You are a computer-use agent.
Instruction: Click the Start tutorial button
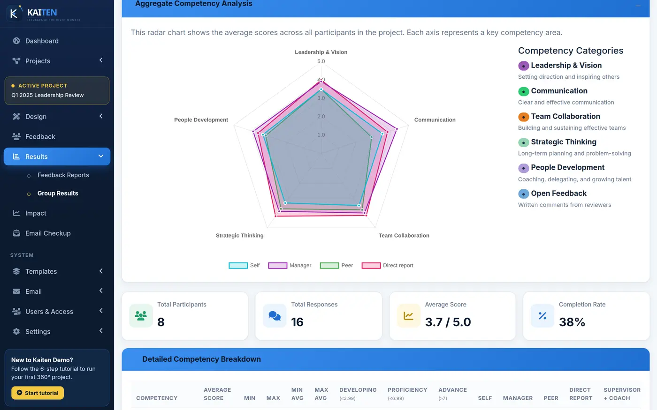pos(38,393)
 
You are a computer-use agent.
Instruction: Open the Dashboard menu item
pos(42,41)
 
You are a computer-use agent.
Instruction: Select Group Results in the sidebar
pos(58,193)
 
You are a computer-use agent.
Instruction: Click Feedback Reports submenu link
pos(63,175)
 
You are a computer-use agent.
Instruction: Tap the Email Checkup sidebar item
pos(48,233)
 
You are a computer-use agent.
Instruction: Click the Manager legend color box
pos(277,265)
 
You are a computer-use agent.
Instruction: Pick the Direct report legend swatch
pos(371,265)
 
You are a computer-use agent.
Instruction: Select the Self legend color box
pos(238,265)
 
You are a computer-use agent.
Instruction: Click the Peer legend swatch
pos(329,265)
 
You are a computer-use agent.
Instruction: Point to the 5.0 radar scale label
pos(321,61)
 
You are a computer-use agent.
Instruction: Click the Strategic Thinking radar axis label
pos(240,235)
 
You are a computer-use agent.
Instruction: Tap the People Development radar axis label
pos(201,120)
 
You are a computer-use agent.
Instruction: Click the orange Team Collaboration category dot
pos(524,117)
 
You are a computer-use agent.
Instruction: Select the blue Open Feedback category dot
pos(524,194)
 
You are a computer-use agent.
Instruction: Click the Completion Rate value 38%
pos(572,322)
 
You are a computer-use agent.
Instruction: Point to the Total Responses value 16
pos(297,322)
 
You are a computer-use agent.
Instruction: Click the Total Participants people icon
pos(141,316)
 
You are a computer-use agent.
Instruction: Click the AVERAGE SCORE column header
pos(217,394)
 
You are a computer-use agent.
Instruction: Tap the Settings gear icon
pos(16,331)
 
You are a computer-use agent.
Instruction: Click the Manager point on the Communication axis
pos(397,129)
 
